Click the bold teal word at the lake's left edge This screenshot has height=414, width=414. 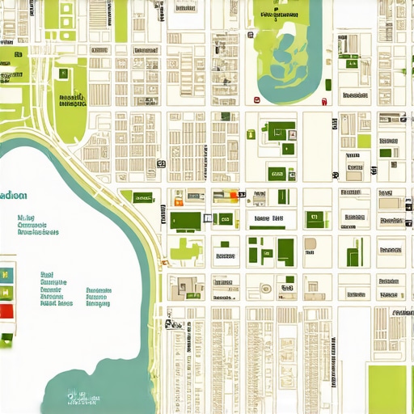click(14, 196)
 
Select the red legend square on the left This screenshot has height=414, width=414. click(6, 310)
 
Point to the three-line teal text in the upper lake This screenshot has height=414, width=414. click(37, 225)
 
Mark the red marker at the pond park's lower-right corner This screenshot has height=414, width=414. click(323, 101)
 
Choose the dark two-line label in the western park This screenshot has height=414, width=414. click(72, 100)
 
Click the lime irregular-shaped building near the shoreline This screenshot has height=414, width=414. click(185, 250)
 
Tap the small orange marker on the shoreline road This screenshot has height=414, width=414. click(164, 260)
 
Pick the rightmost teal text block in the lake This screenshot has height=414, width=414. click(98, 297)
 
